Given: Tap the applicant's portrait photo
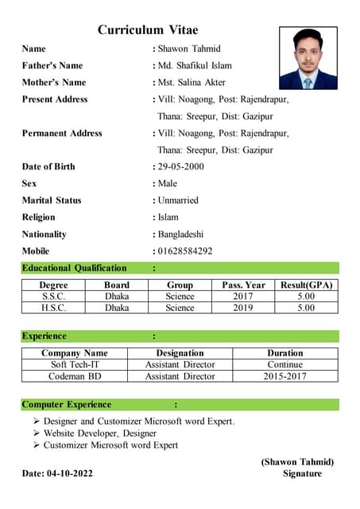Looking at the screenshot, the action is (308, 58).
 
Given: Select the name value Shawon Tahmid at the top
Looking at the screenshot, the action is (189, 49).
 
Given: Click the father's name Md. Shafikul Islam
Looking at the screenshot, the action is (195, 65).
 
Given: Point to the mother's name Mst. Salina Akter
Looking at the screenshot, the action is (192, 82).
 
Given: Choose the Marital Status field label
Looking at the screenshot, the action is (52, 200).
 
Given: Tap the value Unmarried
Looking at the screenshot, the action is (178, 200).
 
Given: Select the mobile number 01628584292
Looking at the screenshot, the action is (185, 251).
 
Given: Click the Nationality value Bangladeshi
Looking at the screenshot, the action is (180, 234).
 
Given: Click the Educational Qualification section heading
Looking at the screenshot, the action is (74, 268).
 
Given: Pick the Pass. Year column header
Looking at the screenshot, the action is (243, 285).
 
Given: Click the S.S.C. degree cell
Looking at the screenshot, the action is (54, 296).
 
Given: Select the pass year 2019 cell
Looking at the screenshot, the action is (243, 307).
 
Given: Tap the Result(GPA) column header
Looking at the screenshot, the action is (306, 285).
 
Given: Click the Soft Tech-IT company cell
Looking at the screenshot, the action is (74, 364).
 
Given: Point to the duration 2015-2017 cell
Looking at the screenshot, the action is (285, 375).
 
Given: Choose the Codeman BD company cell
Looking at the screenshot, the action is (74, 375).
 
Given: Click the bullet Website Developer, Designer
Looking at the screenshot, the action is (100, 433).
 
